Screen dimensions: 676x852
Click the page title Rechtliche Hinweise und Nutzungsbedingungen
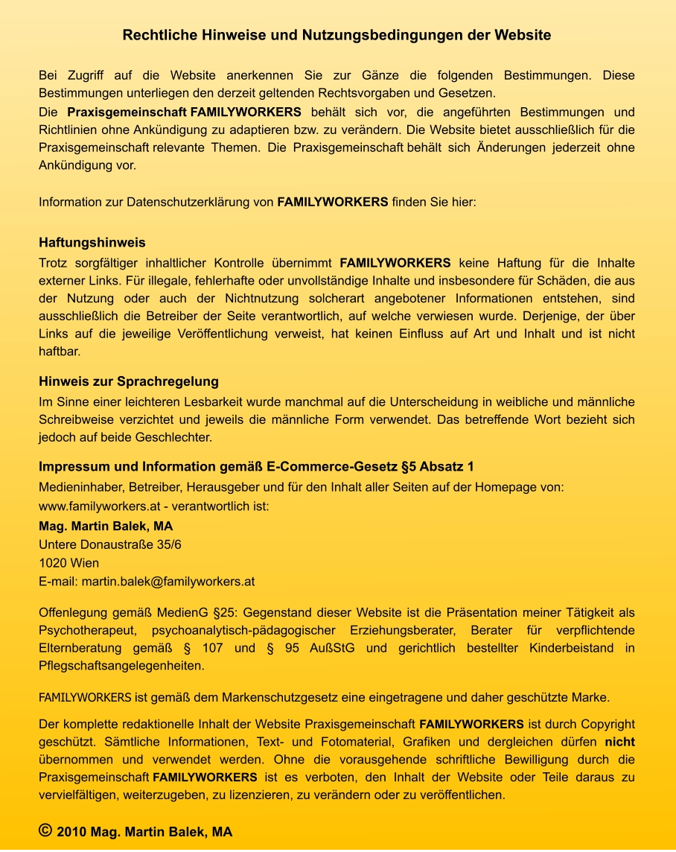click(337, 35)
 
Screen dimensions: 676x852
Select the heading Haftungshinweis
click(92, 243)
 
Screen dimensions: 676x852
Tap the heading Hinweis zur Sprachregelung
click(128, 381)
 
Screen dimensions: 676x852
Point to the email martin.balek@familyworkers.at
click(168, 581)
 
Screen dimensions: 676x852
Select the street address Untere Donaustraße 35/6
click(109, 544)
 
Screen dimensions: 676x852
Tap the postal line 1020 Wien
click(68, 563)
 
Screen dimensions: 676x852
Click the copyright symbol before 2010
click(45, 830)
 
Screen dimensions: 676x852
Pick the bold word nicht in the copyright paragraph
click(619, 742)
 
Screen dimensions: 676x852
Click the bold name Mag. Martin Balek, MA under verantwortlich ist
click(106, 526)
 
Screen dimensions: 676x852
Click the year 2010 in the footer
click(71, 832)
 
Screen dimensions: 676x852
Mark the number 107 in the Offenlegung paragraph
click(213, 648)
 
